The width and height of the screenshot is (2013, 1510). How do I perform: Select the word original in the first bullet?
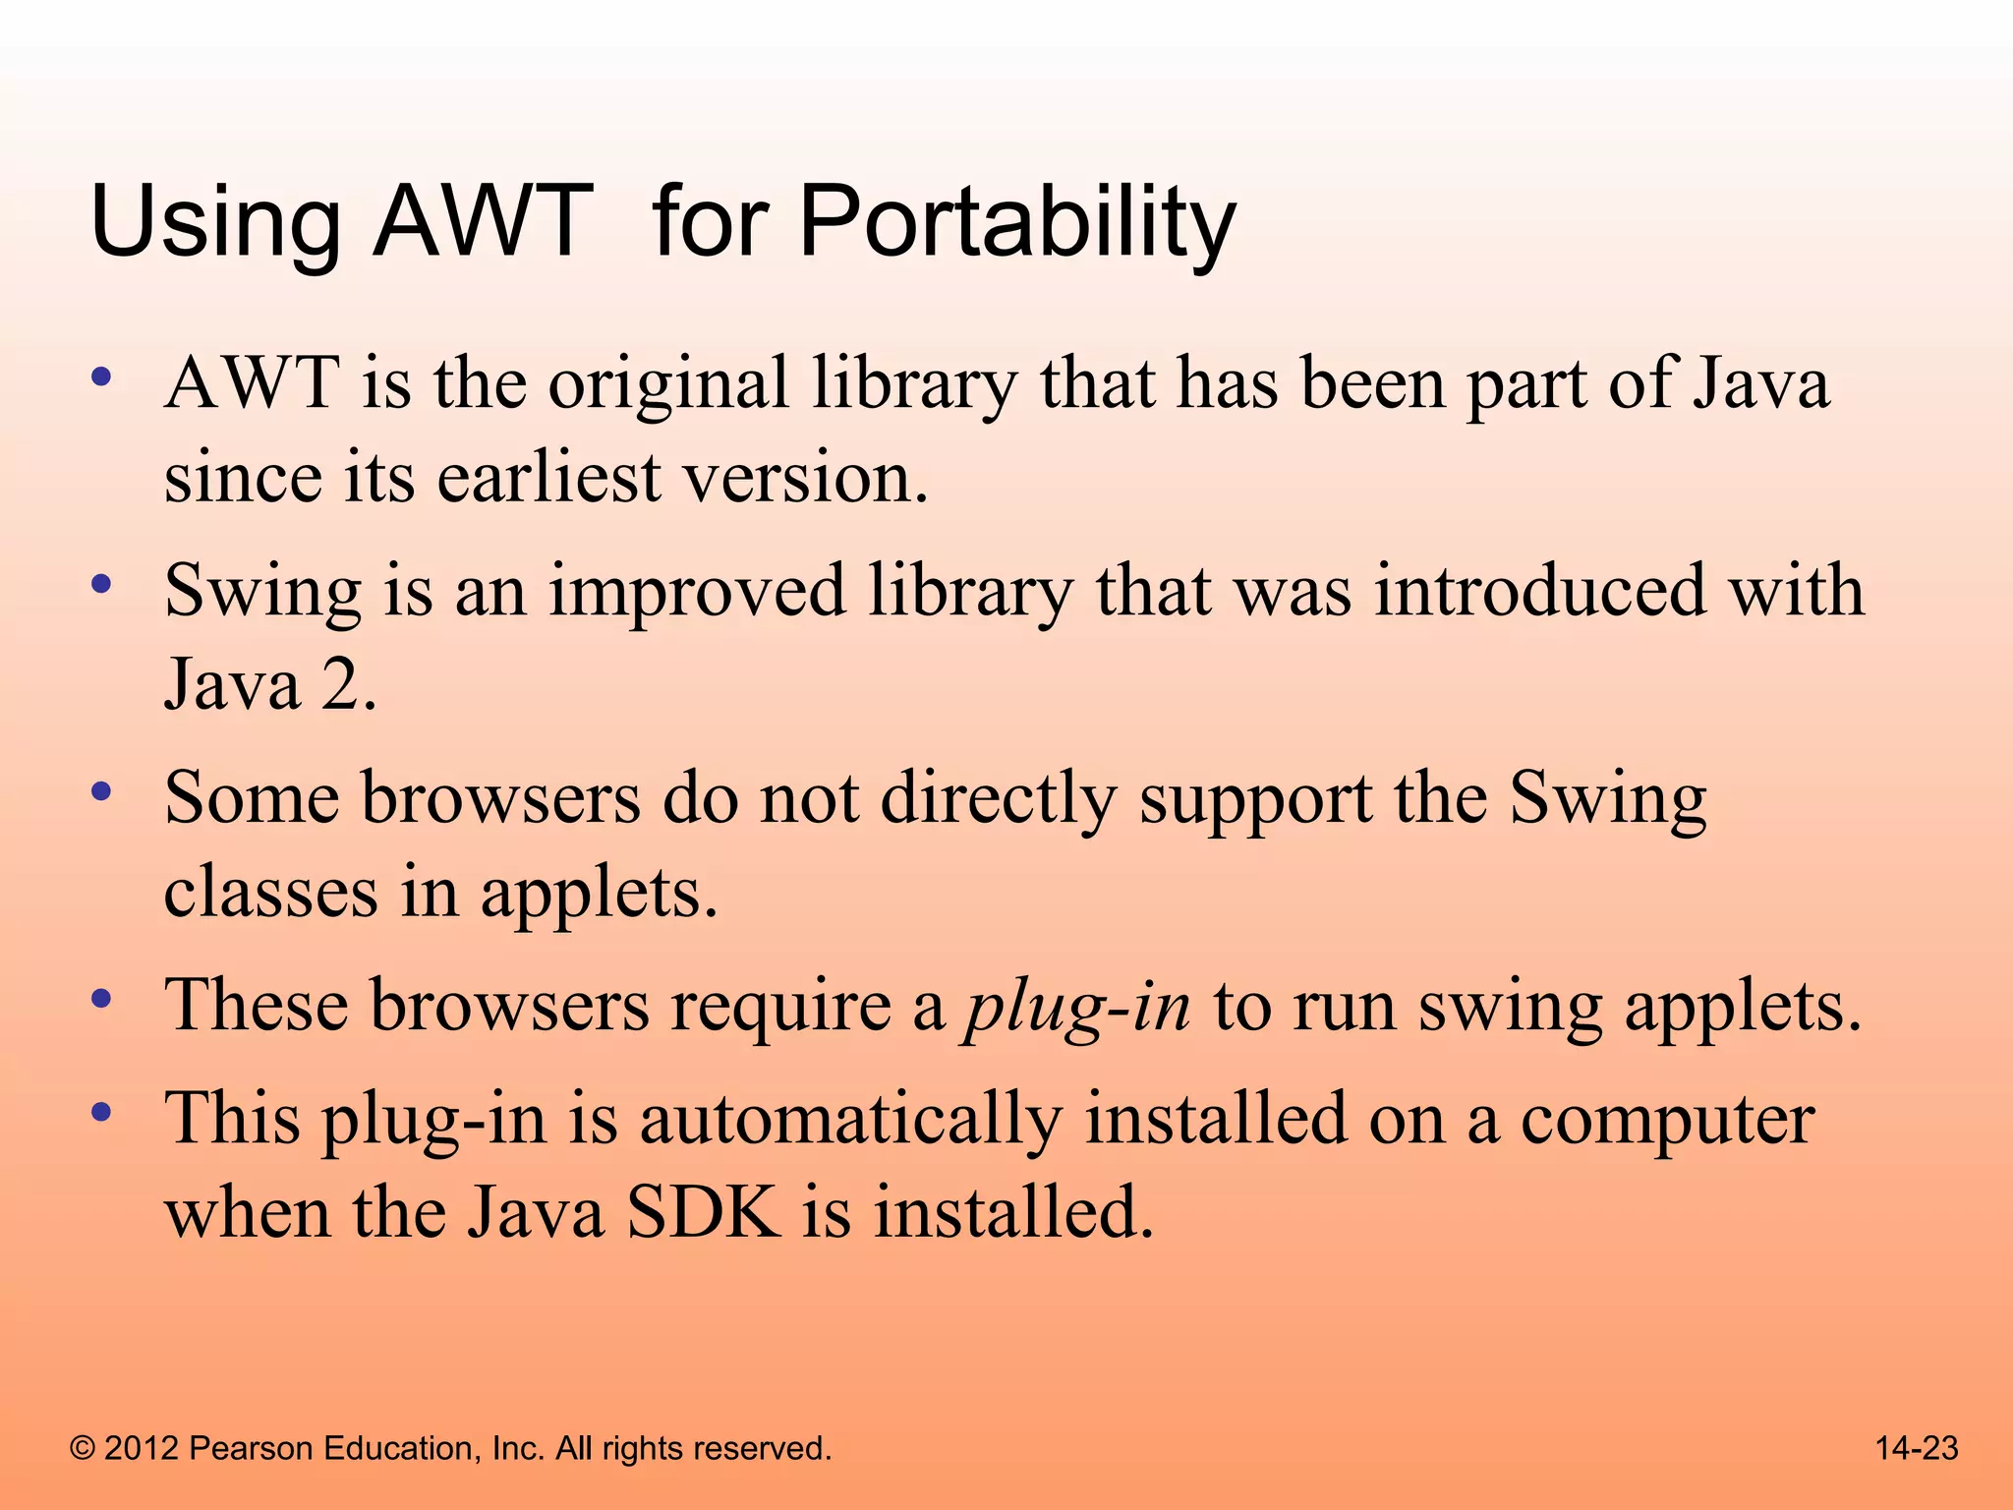pos(668,384)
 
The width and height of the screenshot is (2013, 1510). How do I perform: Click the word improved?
pos(697,592)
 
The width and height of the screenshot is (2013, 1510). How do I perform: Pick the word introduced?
pos(1540,592)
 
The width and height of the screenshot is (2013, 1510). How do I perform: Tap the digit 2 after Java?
pos(341,685)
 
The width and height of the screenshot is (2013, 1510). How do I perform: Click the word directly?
pos(999,799)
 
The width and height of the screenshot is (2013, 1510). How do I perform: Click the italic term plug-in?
pos(1077,1008)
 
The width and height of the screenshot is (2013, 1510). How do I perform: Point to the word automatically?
pos(850,1120)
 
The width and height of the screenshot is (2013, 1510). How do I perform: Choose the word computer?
pos(1667,1122)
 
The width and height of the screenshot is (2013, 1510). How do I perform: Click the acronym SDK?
pos(704,1213)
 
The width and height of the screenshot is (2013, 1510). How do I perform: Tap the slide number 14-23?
pos(1917,1448)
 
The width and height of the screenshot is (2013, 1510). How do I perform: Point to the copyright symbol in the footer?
pos(83,1449)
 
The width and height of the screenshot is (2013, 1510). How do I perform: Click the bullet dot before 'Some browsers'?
pos(100,790)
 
